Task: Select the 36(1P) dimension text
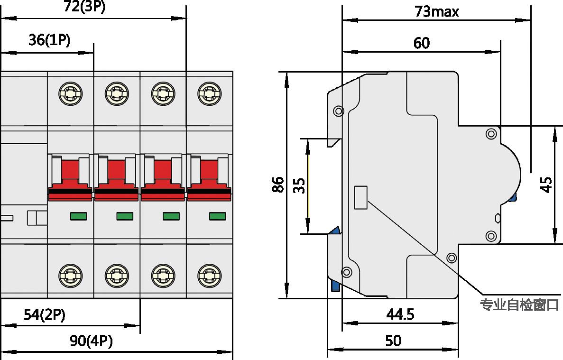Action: point(49,40)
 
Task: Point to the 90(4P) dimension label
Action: point(92,341)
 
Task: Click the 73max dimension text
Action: point(437,11)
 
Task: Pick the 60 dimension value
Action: point(422,43)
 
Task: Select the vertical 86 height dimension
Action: point(278,184)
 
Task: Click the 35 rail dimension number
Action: point(299,185)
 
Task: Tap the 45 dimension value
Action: point(546,185)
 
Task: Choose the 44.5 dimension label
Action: point(400,314)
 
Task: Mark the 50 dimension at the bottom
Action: point(393,341)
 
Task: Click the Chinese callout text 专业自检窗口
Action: point(520,305)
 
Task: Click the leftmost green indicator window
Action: point(79,216)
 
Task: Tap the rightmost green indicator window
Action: point(218,216)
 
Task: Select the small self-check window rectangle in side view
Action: point(361,197)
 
